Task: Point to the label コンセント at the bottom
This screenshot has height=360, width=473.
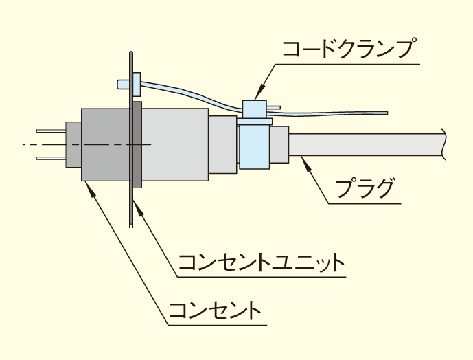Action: pos(215,310)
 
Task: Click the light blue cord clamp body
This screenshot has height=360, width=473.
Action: pos(255,141)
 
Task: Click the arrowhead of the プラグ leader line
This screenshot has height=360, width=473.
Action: pos(303,159)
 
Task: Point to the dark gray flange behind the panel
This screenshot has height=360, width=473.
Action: pos(137,144)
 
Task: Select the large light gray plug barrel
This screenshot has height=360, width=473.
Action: pos(175,144)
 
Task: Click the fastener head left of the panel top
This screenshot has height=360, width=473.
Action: pos(122,85)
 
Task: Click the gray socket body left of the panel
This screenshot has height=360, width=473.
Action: pos(103,144)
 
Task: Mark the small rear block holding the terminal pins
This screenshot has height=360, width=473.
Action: pos(73,144)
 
